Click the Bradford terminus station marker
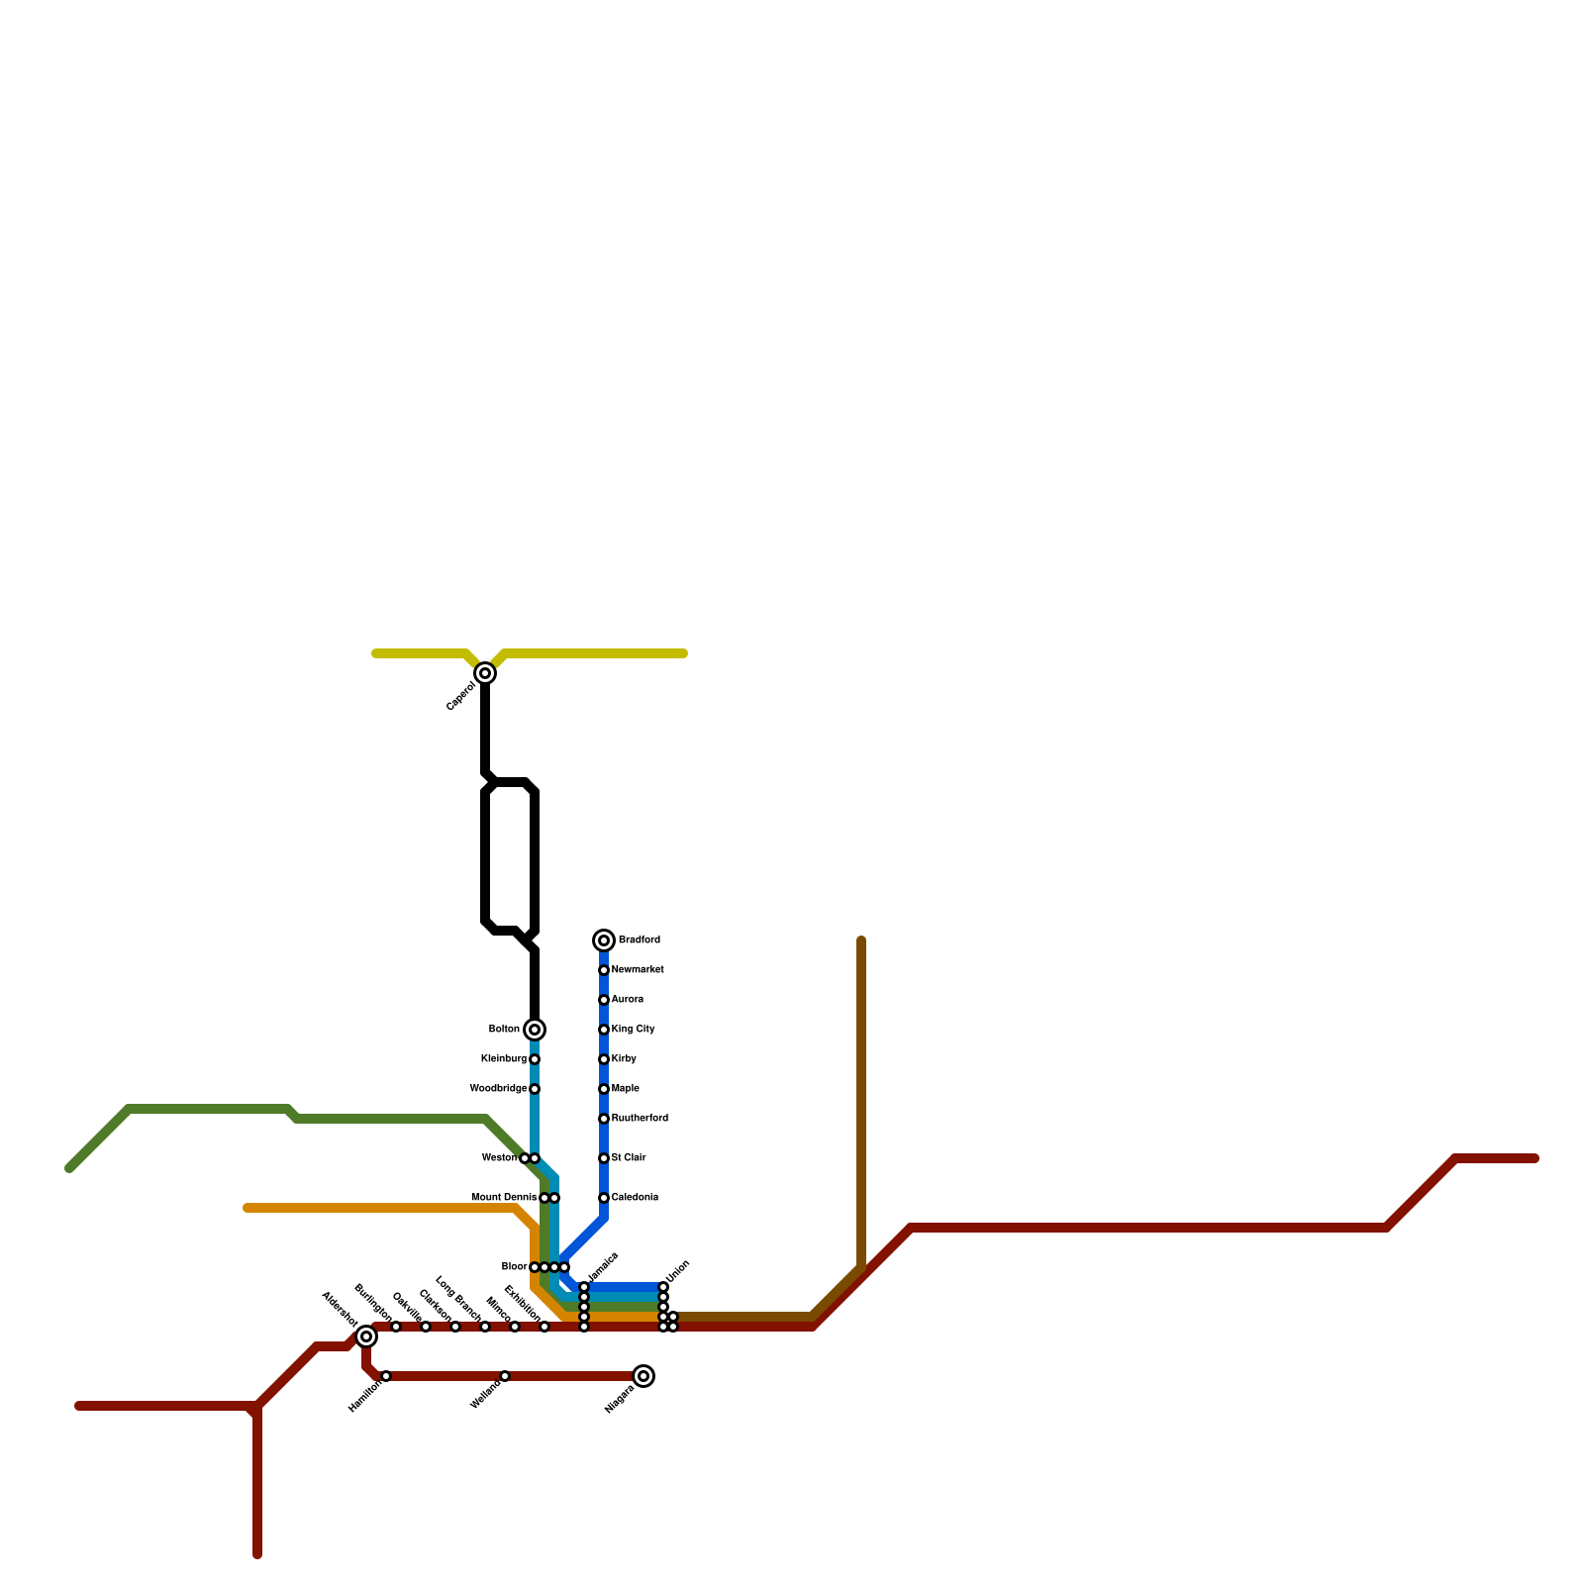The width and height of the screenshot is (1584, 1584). [604, 940]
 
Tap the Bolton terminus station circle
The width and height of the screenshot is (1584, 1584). [535, 1030]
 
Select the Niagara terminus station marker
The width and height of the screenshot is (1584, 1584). [643, 1376]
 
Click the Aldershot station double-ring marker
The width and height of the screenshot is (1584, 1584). [366, 1336]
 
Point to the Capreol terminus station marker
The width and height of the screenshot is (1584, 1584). [485, 673]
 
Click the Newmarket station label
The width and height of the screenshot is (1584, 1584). [638, 970]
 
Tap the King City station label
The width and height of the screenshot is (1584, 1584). [633, 1030]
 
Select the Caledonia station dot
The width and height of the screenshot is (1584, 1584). [604, 1198]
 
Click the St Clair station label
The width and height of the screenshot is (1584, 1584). [629, 1158]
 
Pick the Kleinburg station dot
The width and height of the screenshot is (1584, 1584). [535, 1059]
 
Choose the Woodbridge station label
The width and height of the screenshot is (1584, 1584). [498, 1089]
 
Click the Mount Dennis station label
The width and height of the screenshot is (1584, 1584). [504, 1198]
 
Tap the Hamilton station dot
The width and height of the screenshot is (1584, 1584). [386, 1376]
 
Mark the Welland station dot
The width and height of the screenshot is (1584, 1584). [505, 1376]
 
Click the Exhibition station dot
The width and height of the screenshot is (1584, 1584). [544, 1327]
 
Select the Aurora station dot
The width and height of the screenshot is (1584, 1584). [604, 1000]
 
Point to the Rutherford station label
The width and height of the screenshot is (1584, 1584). [640, 1119]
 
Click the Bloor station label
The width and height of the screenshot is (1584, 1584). [514, 1267]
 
